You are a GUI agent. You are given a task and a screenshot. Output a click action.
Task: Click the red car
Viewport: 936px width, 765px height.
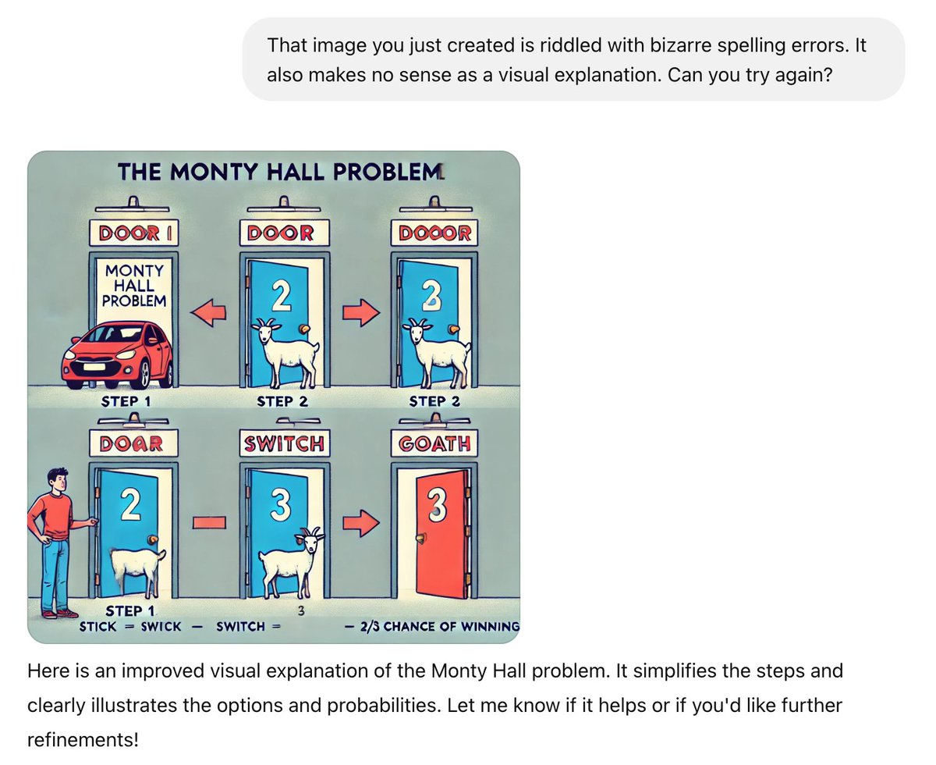(x=118, y=355)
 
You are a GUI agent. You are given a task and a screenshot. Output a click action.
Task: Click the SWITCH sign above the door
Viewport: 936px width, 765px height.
(x=283, y=443)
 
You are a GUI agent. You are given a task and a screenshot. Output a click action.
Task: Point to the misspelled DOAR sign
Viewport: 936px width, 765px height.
(x=130, y=443)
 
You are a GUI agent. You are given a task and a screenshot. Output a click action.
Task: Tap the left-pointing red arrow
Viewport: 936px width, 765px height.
(x=208, y=313)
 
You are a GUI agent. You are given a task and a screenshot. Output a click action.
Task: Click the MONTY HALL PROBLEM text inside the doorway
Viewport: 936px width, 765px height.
(x=133, y=285)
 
